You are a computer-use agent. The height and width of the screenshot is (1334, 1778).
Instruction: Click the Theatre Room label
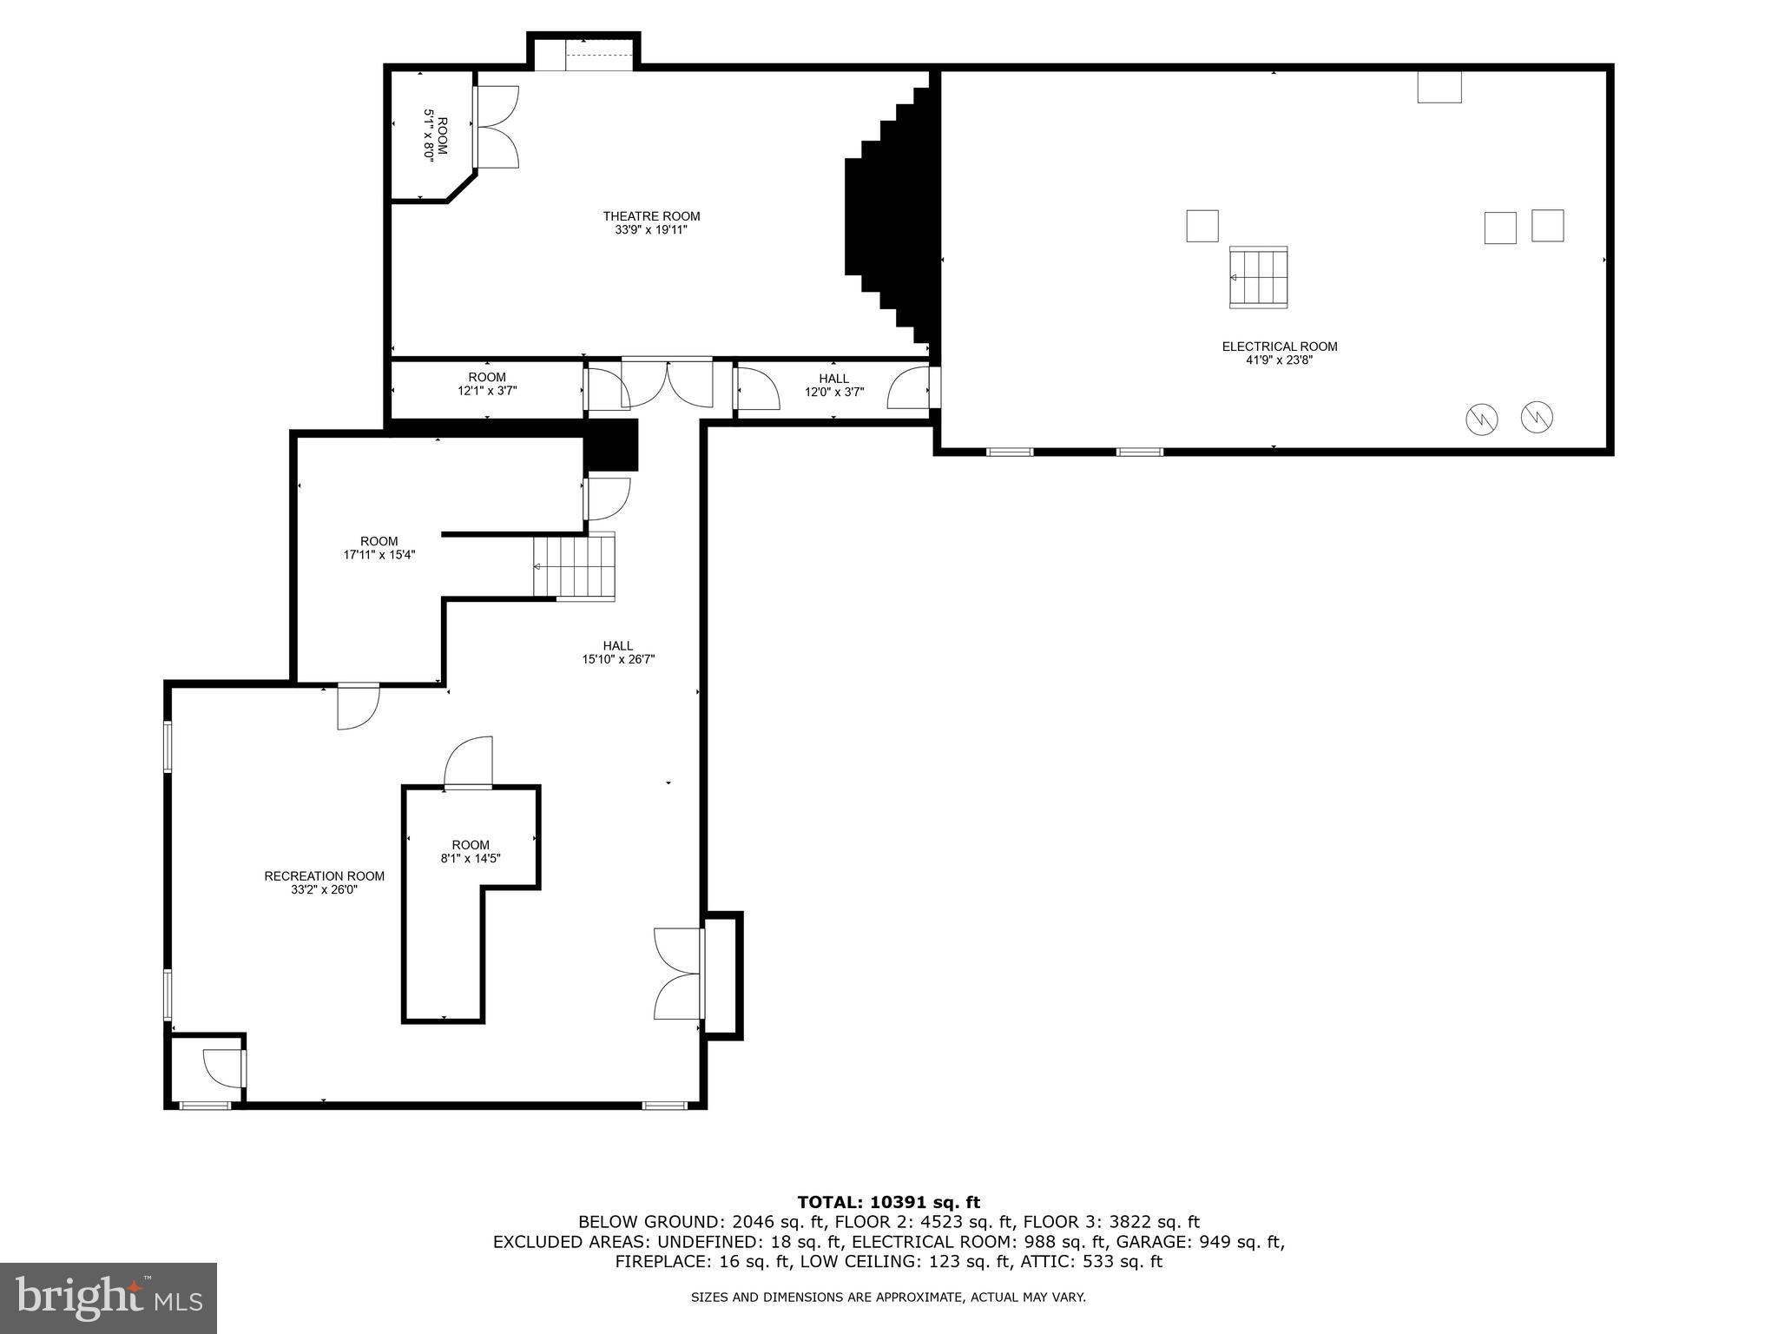(x=651, y=216)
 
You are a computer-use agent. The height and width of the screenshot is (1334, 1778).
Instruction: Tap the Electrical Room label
(x=1279, y=347)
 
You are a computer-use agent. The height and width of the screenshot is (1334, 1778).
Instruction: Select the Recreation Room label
(x=324, y=876)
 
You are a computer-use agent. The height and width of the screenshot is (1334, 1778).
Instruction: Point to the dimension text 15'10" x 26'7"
(x=618, y=659)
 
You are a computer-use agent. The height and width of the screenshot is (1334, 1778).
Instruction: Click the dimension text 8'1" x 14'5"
(x=471, y=859)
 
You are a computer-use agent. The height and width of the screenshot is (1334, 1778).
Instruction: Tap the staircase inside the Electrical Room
(x=1258, y=277)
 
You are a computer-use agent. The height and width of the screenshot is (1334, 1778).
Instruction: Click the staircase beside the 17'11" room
(x=574, y=566)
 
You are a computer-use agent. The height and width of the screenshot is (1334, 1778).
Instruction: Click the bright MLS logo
(x=109, y=1298)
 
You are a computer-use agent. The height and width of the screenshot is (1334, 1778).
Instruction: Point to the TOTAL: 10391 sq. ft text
(x=888, y=1203)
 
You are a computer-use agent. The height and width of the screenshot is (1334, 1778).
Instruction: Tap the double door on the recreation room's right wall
(x=679, y=974)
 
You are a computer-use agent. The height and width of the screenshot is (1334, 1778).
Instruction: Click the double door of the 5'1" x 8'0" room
(x=497, y=127)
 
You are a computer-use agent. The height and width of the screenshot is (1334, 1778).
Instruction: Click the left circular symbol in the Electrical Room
(x=1481, y=419)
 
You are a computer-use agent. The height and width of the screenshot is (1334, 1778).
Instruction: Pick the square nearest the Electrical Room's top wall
(x=1439, y=87)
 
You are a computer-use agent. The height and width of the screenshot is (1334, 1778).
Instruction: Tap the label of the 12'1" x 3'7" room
(x=486, y=384)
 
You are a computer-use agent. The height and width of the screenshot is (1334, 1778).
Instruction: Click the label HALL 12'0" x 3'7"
(x=833, y=385)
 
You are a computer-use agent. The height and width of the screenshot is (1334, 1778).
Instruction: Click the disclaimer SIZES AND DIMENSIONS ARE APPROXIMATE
(x=887, y=1298)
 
